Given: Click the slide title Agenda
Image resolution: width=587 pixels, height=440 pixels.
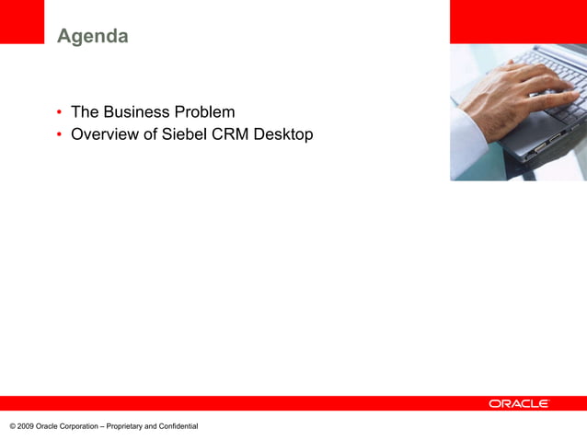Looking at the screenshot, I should pyautogui.click(x=92, y=37).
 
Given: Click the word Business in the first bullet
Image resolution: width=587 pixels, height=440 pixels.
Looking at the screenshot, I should pyautogui.click(x=137, y=112).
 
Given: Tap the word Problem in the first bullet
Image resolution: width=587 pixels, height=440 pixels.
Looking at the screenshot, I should pyautogui.click(x=205, y=112).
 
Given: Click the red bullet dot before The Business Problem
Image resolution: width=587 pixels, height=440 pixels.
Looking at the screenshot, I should pyautogui.click(x=59, y=112).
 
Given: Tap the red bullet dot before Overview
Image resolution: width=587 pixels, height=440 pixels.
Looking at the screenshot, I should pyautogui.click(x=59, y=134).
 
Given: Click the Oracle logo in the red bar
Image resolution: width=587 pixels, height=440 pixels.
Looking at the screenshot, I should pyautogui.click(x=519, y=403).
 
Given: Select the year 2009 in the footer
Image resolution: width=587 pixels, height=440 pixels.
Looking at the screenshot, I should pyautogui.click(x=25, y=426).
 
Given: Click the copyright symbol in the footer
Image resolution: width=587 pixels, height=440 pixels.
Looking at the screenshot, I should pyautogui.click(x=12, y=426).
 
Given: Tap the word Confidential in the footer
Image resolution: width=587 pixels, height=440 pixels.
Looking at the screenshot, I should pyautogui.click(x=178, y=426).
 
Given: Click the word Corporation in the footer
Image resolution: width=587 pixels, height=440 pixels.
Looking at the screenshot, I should pyautogui.click(x=79, y=426).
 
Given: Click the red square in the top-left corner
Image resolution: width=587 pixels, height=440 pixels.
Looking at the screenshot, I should pyautogui.click(x=21, y=21).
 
